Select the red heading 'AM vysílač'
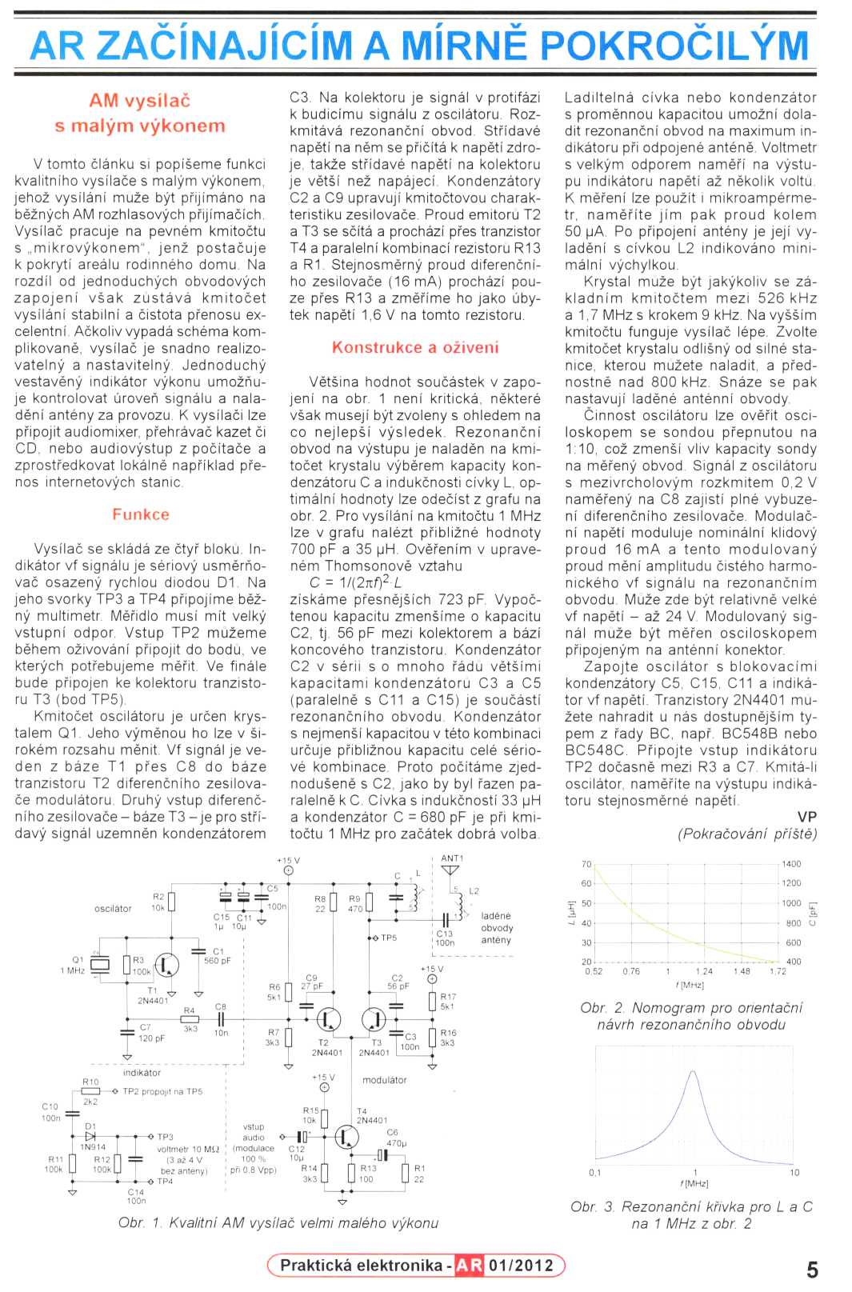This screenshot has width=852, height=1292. point(140,101)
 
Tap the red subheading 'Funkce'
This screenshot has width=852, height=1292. point(141,514)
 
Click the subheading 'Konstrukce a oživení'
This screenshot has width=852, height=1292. point(415,347)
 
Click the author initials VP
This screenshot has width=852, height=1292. point(806,817)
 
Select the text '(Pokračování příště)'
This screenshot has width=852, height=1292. point(747,834)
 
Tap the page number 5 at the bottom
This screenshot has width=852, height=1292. point(812,1270)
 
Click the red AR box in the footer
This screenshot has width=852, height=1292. point(469,1266)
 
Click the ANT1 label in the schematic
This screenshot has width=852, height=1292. point(452,858)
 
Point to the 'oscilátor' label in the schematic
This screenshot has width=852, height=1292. point(113,909)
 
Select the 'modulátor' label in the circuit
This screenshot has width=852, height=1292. point(384,1080)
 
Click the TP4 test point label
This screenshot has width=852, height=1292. point(165,1182)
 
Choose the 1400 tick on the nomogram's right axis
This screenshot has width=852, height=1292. point(791,864)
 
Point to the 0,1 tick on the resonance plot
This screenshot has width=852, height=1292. point(595,1173)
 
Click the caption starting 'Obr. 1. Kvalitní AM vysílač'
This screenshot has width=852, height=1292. point(278,1223)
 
